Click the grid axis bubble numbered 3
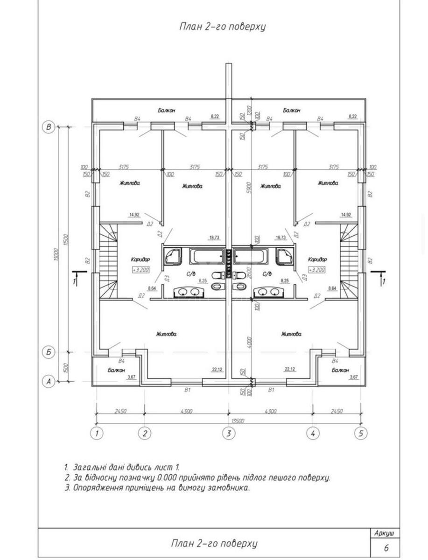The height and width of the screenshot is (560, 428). pyautogui.click(x=228, y=433)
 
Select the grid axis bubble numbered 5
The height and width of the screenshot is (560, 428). pyautogui.click(x=360, y=433)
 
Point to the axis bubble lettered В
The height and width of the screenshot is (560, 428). pyautogui.click(x=48, y=127)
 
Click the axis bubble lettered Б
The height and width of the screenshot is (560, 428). pyautogui.click(x=48, y=352)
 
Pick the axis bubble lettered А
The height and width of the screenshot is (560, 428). pyautogui.click(x=48, y=381)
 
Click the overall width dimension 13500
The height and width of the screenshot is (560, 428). pyautogui.click(x=228, y=420)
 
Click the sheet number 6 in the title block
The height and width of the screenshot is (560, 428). pyautogui.click(x=386, y=548)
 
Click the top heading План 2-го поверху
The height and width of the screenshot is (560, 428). pyautogui.click(x=222, y=26)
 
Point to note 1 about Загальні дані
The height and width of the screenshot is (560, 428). pyautogui.click(x=122, y=467)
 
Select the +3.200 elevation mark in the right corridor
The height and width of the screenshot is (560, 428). pyautogui.click(x=317, y=270)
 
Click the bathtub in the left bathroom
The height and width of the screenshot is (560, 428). pyautogui.click(x=206, y=256)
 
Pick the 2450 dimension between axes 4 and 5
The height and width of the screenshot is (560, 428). pyautogui.click(x=336, y=411)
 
